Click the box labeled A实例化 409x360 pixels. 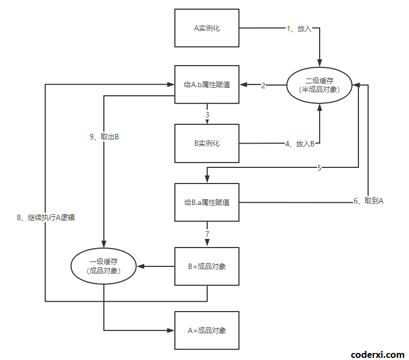207,28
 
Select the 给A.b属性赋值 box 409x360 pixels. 207,84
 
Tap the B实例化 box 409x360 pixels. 207,144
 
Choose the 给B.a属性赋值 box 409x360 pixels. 207,202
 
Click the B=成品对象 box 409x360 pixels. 207,266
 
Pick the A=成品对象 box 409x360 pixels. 207,330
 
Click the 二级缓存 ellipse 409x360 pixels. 319,85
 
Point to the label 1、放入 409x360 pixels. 299,29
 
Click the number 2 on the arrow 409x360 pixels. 264,86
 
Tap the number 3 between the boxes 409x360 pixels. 207,115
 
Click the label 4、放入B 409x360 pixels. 300,144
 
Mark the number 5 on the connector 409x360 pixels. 319,168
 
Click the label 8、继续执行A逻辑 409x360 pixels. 45,217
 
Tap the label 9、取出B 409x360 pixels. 104,137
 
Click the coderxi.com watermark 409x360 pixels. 377,354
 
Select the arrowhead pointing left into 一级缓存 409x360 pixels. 139,266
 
